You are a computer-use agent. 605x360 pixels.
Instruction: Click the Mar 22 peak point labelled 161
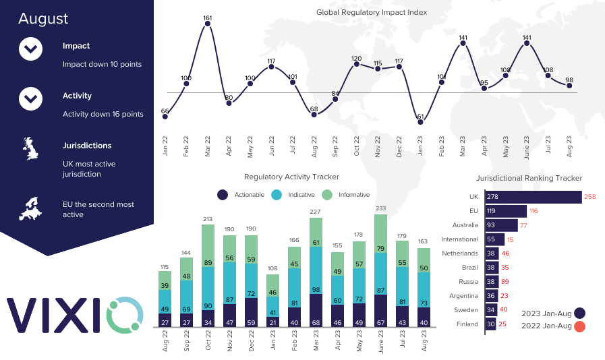coord(208,24)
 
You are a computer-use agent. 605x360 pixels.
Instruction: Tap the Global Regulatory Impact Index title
coord(372,12)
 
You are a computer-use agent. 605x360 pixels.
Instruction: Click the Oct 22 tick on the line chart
coord(357,146)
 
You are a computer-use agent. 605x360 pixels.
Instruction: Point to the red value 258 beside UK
coord(590,197)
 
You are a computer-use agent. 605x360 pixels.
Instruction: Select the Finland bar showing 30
coord(490,324)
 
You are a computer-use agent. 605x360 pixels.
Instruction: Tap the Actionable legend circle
coord(223,195)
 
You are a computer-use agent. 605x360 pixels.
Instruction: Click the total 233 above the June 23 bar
coord(380,209)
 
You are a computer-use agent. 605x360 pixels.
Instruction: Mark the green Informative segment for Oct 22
coord(208,245)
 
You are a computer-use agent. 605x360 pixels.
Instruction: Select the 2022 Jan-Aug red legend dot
coord(579,326)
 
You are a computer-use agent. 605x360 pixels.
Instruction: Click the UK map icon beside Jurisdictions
coord(31,148)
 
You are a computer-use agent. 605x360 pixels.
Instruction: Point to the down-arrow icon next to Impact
coord(31,49)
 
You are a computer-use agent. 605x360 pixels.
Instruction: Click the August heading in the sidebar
coord(43,18)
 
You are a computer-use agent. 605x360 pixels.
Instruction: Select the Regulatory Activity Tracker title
coord(291,177)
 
